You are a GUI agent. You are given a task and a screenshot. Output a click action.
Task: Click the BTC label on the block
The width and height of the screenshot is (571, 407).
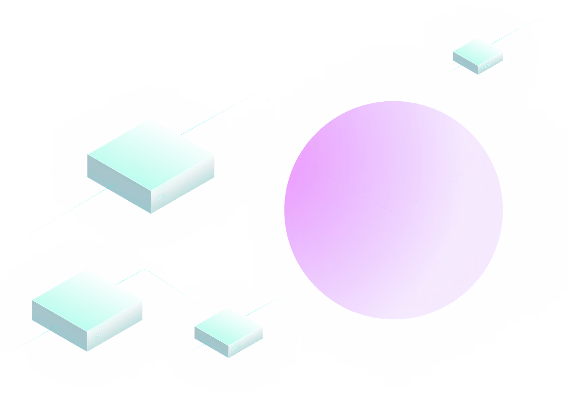click(x=163, y=196)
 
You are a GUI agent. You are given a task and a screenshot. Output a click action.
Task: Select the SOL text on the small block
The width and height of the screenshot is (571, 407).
click(x=237, y=347)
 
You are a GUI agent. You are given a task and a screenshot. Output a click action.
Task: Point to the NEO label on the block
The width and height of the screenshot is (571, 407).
click(x=486, y=66)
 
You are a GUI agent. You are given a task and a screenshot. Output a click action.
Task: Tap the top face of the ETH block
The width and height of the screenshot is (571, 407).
click(x=87, y=301)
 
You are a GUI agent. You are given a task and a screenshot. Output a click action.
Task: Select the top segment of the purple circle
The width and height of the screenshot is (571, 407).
click(x=394, y=151)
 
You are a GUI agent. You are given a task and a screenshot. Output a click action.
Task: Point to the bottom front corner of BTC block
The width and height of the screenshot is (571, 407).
click(x=151, y=213)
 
